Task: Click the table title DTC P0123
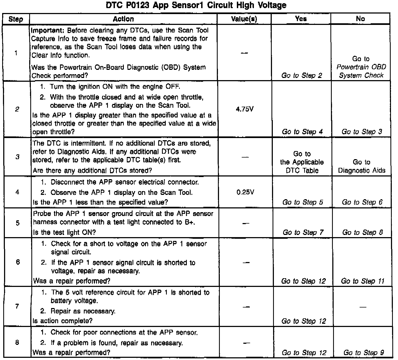tap(196, 5)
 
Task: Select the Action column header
tap(123, 19)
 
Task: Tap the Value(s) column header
tap(244, 19)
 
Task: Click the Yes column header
tap(301, 19)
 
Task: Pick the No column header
tap(360, 19)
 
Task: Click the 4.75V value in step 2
tap(245, 109)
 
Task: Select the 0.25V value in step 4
tap(245, 192)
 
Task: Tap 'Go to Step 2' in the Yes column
tap(302, 75)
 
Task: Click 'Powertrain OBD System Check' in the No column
tap(361, 71)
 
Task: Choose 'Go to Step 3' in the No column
tap(362, 132)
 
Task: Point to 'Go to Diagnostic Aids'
tap(361, 166)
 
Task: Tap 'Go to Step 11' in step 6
tap(363, 281)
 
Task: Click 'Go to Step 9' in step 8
tap(364, 353)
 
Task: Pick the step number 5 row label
tap(18, 223)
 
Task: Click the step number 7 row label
tap(17, 307)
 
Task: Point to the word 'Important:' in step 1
tap(48, 30)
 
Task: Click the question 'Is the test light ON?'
tap(64, 232)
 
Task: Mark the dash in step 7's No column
tap(363, 307)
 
